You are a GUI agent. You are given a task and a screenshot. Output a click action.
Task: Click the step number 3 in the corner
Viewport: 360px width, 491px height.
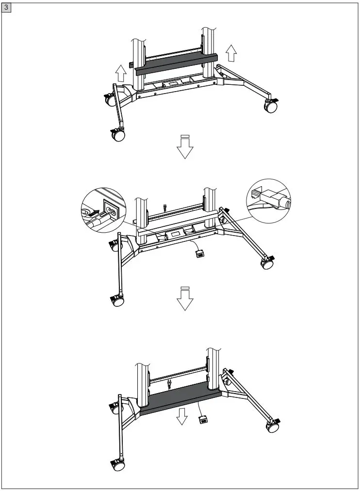coord(7,7)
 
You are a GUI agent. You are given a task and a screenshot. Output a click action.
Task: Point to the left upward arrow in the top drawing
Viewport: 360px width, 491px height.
coord(121,74)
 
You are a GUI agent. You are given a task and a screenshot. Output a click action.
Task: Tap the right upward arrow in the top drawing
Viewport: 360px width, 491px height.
coord(231,52)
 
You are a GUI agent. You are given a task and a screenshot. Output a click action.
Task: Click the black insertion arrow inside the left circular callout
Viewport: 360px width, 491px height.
coord(97,212)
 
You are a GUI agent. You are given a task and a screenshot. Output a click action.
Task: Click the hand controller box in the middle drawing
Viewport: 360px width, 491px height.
coord(199,254)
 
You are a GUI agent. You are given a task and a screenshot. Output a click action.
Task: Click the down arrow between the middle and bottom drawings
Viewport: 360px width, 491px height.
coord(185,299)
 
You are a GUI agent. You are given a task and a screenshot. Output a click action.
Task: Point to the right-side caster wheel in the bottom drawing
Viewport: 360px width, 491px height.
coord(271,426)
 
